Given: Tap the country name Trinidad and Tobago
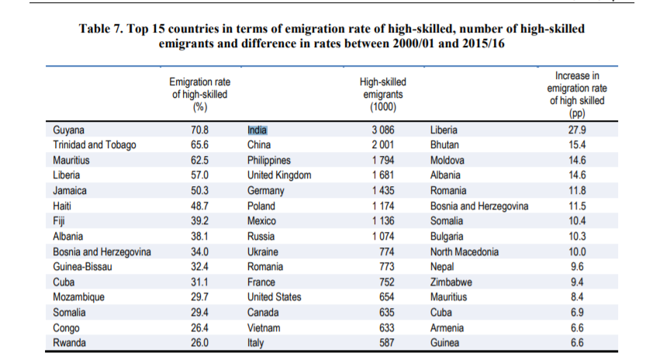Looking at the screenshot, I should (x=95, y=145).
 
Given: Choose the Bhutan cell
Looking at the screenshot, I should (x=444, y=145).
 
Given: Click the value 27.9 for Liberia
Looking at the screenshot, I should (x=578, y=130).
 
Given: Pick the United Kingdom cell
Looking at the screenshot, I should (x=279, y=175).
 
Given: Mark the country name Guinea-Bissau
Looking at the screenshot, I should (x=83, y=267).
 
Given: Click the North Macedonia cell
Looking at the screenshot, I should (x=465, y=251).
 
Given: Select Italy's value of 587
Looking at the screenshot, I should (x=386, y=343).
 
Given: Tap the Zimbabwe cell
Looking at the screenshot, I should (x=451, y=282).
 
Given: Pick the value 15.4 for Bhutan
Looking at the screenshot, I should (x=578, y=145).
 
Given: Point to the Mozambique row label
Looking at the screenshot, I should (x=79, y=297).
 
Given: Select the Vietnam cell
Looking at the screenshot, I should (x=264, y=327).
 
